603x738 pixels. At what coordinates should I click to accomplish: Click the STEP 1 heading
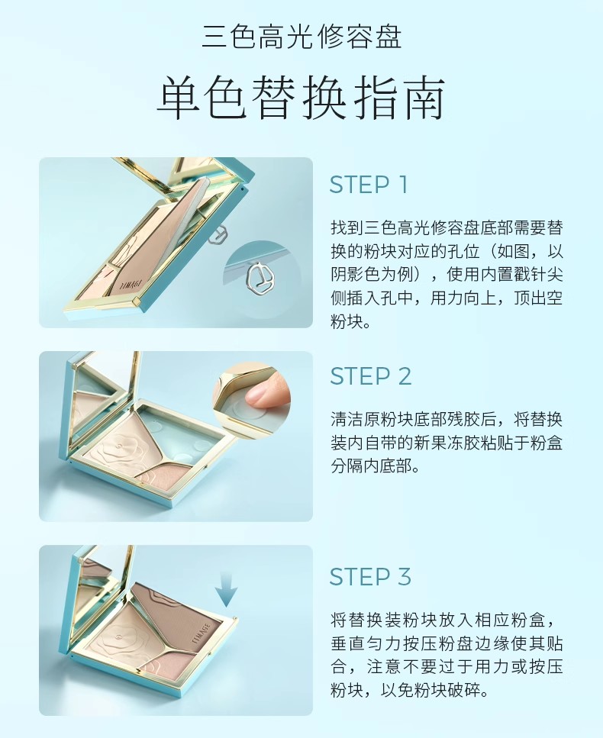[368, 185]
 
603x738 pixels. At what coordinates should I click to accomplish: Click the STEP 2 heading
[371, 376]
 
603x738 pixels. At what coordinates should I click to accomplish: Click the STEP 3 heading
[370, 577]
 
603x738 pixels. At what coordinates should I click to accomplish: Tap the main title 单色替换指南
[301, 99]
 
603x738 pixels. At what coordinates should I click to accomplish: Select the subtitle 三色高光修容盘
[301, 37]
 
